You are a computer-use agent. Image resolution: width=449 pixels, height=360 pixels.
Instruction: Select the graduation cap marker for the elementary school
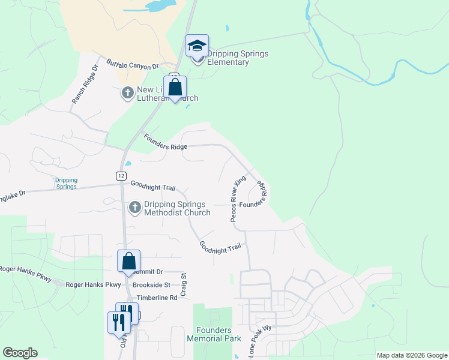point(197,46)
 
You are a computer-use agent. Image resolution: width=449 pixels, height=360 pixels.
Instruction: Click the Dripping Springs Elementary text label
point(237,58)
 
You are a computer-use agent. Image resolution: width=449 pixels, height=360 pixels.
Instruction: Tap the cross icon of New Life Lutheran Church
point(127,94)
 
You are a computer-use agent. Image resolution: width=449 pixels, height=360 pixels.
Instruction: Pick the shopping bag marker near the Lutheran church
point(175,88)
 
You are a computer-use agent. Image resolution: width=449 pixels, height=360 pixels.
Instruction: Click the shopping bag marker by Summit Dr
point(128,262)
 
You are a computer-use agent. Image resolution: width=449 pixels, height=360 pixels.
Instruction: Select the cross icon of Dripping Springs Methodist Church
point(134,208)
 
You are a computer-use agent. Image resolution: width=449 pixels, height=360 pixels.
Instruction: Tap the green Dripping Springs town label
point(66,183)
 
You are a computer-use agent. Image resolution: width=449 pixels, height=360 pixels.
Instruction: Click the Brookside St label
point(152,284)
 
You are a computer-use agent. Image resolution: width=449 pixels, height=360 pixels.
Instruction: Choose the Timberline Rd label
point(157,298)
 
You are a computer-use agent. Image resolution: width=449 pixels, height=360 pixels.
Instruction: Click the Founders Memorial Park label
point(213,334)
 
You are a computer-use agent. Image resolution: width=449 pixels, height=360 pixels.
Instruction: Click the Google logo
point(20,353)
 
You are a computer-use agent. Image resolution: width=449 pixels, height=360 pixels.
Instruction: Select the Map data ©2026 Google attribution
point(412,355)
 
